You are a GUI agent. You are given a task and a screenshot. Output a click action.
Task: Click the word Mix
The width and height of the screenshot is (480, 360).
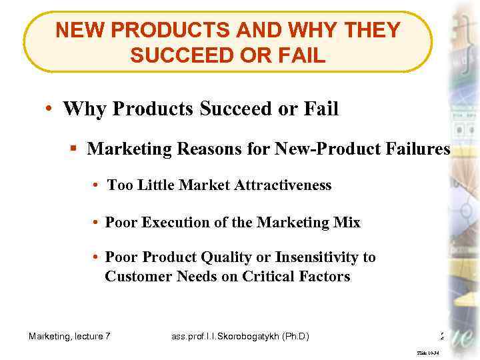click(x=347, y=222)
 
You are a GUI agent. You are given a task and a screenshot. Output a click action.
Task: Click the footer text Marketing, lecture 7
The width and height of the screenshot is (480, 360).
click(x=69, y=337)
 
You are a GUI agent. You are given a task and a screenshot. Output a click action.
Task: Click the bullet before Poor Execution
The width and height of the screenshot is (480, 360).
click(x=97, y=222)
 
